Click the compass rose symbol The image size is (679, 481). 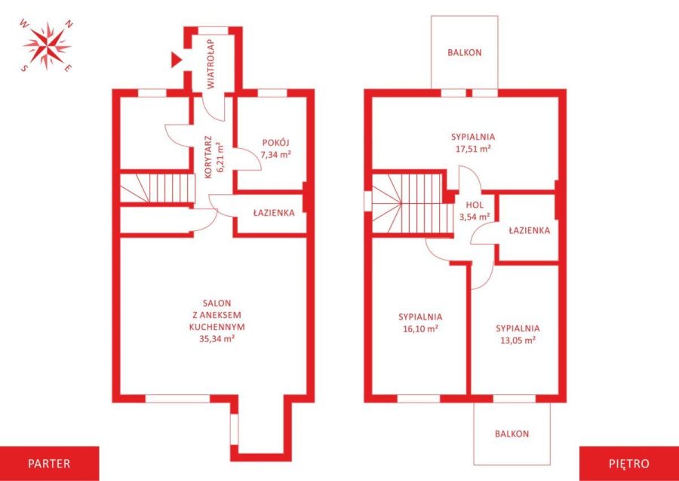47,45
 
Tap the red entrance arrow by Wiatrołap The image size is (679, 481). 176,60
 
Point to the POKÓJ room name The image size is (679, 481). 275,143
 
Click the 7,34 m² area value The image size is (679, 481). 275,154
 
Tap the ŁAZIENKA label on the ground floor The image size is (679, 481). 274,213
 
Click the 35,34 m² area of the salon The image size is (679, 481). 217,338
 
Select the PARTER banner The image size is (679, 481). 49,463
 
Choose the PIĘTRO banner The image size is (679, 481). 628,463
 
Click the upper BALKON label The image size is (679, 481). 465,52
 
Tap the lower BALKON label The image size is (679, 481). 512,433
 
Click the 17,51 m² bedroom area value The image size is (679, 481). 473,148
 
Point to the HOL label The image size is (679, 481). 475,205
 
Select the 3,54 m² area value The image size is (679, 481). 475,217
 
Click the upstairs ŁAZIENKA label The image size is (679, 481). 529,230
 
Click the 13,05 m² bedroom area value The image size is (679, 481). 518,340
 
